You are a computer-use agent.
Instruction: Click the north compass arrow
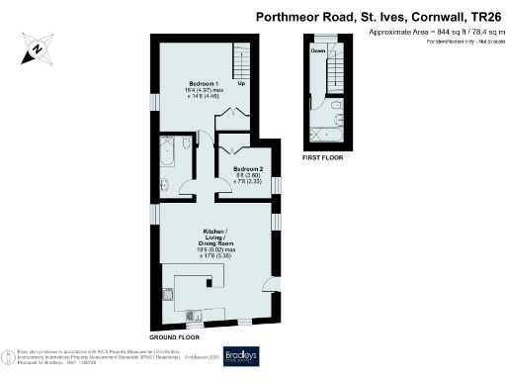coord(36,47)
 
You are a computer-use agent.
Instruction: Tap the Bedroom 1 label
coord(205,83)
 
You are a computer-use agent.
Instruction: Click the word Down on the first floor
coord(318,49)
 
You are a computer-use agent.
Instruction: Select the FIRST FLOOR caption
coord(323,157)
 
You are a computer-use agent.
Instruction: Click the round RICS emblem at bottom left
coord(10,354)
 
